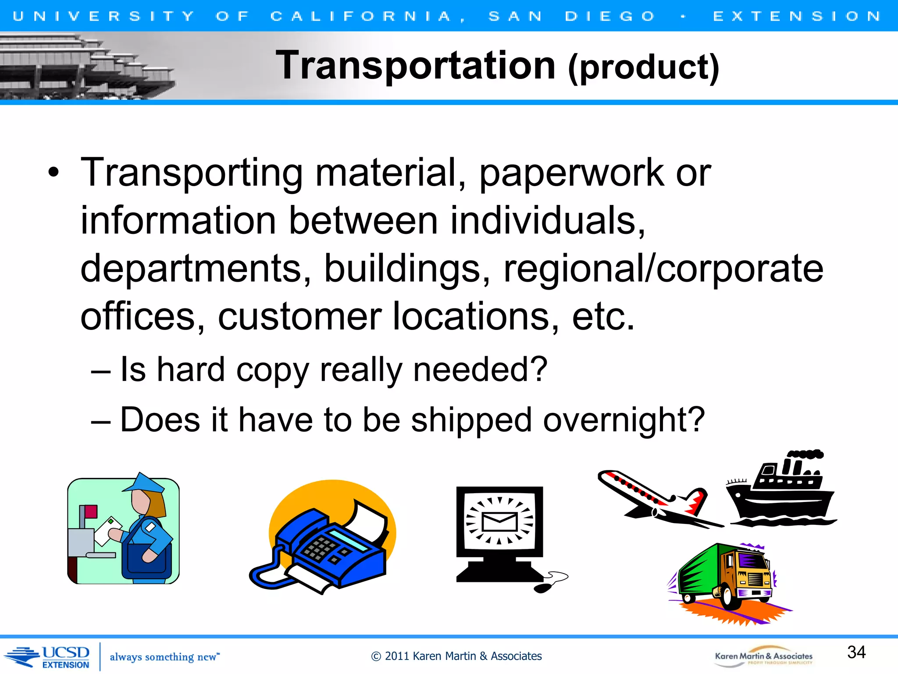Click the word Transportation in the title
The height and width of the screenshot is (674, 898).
tap(415, 66)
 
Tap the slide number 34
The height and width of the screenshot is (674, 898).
tap(856, 652)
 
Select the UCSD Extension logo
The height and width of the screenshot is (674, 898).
tap(48, 657)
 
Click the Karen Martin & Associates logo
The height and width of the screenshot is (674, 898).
tap(763, 657)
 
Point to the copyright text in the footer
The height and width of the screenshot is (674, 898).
tap(456, 656)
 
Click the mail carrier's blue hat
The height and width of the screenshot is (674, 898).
tap(145, 483)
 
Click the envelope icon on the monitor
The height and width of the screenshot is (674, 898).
tap(499, 521)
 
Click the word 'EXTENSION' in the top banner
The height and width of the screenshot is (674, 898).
tap(796, 16)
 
